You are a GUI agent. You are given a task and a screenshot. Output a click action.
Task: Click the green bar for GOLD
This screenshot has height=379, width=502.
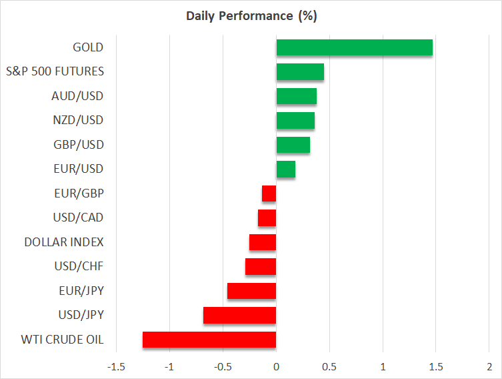click(354, 47)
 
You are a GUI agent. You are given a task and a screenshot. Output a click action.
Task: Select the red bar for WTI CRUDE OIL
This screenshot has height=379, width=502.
click(209, 340)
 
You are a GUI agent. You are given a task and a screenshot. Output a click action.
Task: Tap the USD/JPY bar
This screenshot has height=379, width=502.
click(239, 315)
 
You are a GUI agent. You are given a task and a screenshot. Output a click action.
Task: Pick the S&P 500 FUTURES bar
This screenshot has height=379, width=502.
click(300, 71)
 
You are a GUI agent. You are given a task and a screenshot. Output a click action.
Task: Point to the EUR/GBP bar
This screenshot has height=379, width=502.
click(269, 194)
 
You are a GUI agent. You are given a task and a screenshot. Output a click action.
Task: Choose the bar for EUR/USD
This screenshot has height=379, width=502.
click(285, 169)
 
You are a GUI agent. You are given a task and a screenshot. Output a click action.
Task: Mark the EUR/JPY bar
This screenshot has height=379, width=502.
click(251, 291)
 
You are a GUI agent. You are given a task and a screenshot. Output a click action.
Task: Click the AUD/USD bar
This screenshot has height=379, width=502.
click(296, 96)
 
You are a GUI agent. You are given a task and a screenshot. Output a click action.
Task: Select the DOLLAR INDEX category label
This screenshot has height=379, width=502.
click(64, 242)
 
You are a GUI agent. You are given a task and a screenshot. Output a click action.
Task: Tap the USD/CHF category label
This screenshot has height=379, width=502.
click(79, 266)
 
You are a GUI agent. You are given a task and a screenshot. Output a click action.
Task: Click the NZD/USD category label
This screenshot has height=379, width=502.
click(77, 120)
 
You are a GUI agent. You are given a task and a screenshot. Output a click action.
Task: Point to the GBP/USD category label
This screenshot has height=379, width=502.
click(78, 145)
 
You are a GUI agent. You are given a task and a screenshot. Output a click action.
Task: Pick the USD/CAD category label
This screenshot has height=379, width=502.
click(78, 218)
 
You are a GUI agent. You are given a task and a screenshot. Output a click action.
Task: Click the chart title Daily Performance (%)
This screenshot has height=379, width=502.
click(251, 15)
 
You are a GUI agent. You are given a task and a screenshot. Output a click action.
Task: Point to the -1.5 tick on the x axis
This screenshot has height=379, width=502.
click(116, 367)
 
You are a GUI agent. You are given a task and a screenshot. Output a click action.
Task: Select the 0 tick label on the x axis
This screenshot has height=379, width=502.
click(276, 367)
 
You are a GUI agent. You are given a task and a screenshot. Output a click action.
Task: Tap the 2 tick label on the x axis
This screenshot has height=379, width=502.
click(489, 367)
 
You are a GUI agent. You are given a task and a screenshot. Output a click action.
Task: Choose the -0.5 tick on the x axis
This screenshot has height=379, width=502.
click(223, 367)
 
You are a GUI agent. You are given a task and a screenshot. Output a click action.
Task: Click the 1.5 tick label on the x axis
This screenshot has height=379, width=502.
click(436, 367)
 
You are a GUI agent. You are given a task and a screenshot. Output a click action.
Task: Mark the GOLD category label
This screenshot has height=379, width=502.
click(88, 47)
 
